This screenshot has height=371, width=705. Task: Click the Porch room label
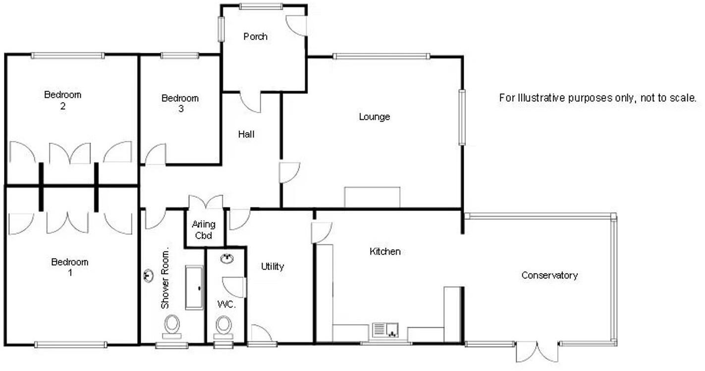coord(255,37)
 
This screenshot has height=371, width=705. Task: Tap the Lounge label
coord(375,117)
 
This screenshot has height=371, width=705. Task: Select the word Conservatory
coord(549,276)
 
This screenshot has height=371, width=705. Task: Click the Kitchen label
coord(385,252)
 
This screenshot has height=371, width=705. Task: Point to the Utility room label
coord(272,267)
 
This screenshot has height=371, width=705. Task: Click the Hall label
coord(246,134)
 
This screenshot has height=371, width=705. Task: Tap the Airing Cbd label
coord(204,230)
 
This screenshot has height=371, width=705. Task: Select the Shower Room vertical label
coord(165,278)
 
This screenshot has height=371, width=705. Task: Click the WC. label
coord(226,304)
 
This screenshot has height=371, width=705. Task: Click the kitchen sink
coord(385,330)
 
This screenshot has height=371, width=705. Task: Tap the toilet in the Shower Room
coord(172,325)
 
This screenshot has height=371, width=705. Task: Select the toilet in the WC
coord(223,325)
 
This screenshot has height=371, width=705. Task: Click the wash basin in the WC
coord(227,259)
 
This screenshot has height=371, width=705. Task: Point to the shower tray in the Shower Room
coord(194,287)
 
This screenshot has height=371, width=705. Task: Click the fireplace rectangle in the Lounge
coord(372,197)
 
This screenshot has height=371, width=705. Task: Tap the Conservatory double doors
coord(537,351)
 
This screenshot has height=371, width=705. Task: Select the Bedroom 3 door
coord(155,154)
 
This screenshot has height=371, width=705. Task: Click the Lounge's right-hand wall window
coord(462,117)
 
